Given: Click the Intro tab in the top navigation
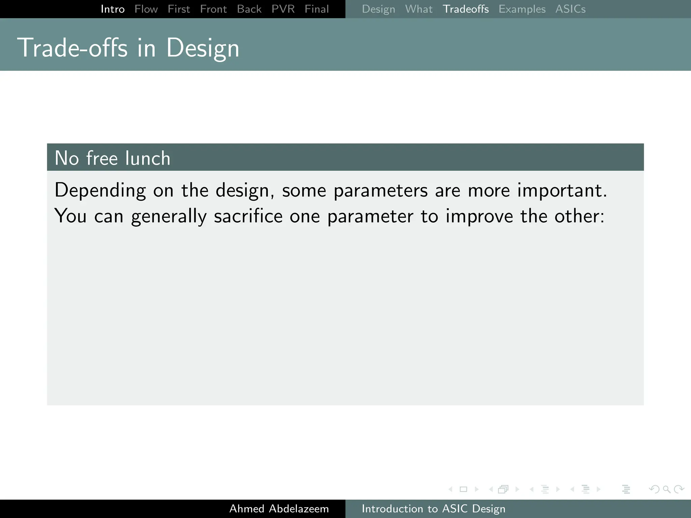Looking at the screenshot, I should pos(113,9).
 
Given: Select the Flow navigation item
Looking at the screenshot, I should pos(146,9).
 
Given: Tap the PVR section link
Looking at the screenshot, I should pos(283,9).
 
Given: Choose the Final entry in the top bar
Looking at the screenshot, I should pos(316,9).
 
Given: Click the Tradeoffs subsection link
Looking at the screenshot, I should pos(466,9).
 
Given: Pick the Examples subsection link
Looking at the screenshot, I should pos(522,9).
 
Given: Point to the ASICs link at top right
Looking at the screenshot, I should pos(571,9).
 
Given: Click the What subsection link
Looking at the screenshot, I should pos(419,9).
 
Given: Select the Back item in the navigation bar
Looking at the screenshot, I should pos(249,9).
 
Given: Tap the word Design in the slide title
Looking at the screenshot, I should pos(202,48).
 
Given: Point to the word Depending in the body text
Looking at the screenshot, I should pos(100,191).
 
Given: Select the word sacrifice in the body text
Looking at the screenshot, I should pos(248,216).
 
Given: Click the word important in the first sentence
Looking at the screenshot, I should pos(562,191).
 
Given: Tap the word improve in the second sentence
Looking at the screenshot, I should pos(479,216).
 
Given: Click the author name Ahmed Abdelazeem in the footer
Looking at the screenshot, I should pos(279,509).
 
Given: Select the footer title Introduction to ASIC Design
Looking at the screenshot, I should pos(434,509).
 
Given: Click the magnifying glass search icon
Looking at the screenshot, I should pos(666,489).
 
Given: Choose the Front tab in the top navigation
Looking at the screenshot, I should pos(213,9).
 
